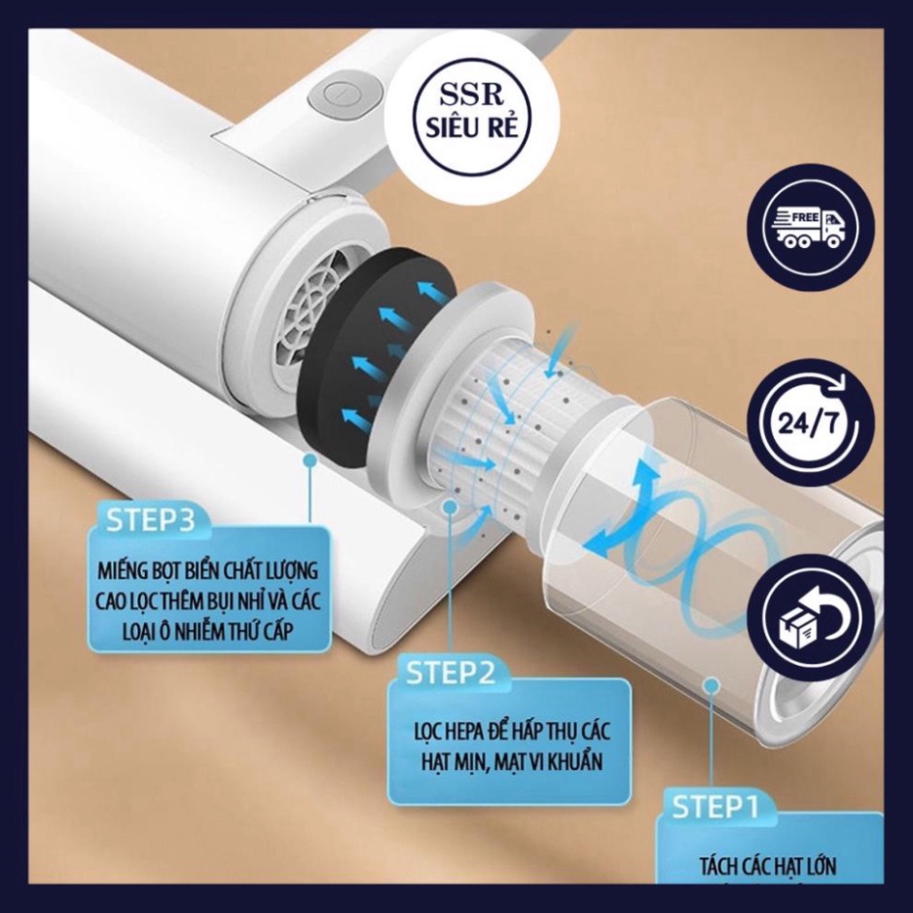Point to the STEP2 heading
[451, 673]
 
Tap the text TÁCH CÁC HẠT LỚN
[767, 866]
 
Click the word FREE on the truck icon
[801, 220]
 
